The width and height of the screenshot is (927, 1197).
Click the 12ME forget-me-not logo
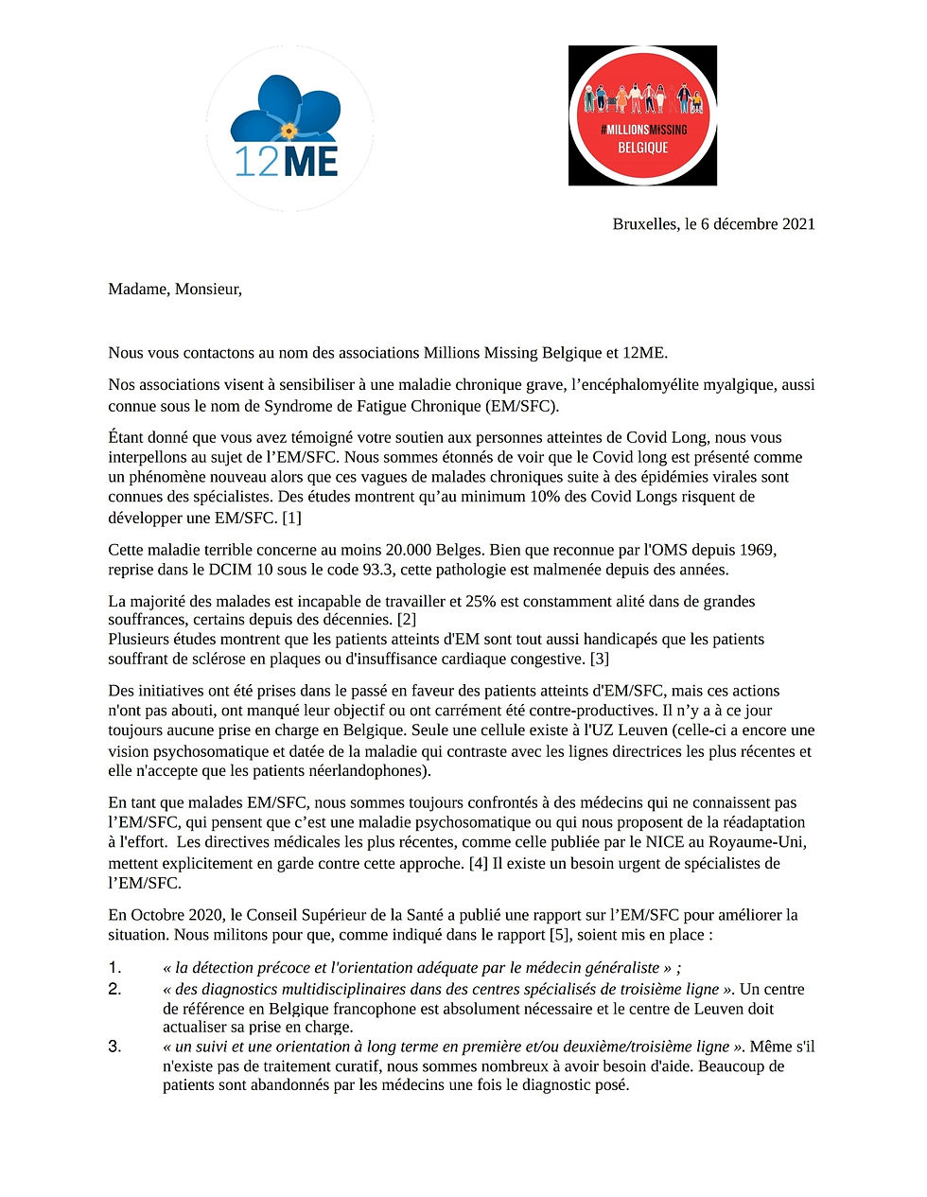pos(289,128)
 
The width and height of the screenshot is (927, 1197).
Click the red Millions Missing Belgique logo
pos(642,115)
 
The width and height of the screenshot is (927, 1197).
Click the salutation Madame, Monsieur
pos(175,290)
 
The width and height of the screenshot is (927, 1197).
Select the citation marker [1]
pos(291,518)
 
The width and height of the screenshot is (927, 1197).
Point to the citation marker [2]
pos(406,620)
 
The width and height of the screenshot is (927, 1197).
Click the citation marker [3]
pos(599,659)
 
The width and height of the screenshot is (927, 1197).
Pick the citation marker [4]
pos(480,863)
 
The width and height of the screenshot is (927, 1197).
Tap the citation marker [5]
pos(560,935)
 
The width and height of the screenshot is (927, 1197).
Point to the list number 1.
pos(114,967)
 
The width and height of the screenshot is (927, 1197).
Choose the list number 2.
pos(114,989)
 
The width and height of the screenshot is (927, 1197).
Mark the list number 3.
pos(114,1047)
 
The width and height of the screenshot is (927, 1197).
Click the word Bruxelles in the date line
pos(645,224)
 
